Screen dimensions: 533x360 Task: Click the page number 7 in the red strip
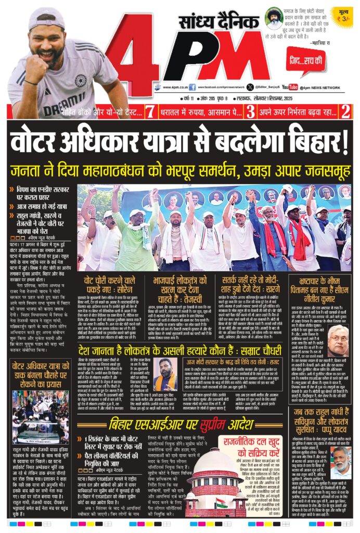(x=149, y=110)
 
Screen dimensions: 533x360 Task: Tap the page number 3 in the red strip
(x=250, y=110)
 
